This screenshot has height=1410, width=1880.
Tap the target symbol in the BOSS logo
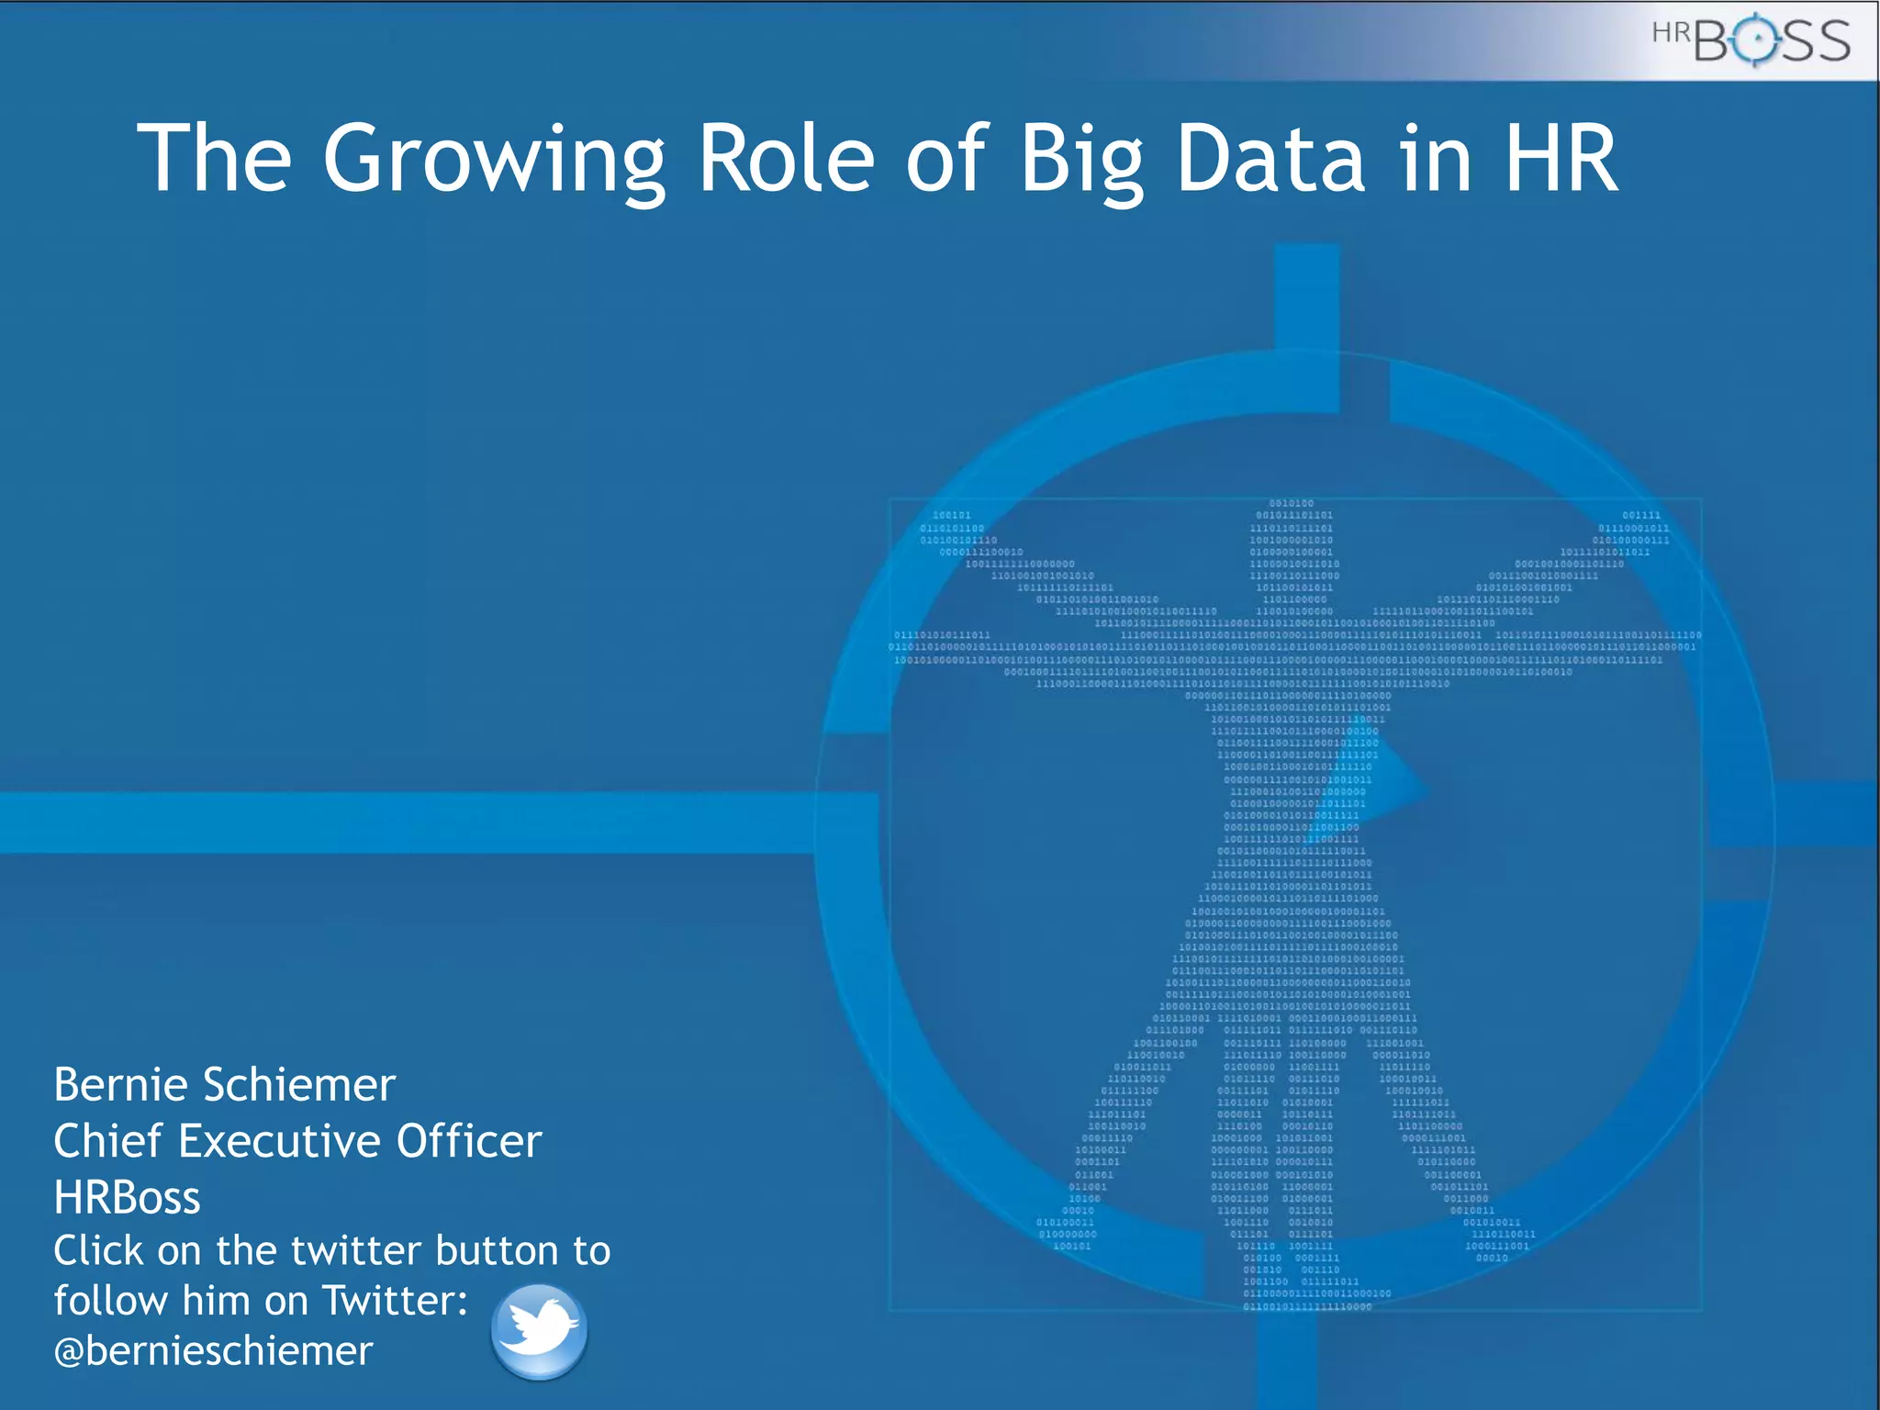pyautogui.click(x=1755, y=39)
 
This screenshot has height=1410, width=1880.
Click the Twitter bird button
pyautogui.click(x=539, y=1330)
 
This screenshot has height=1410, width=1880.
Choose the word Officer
pyautogui.click(x=469, y=1141)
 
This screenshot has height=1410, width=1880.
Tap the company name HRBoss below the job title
pyautogui.click(x=127, y=1197)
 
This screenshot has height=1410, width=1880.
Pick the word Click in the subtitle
pyautogui.click(x=98, y=1250)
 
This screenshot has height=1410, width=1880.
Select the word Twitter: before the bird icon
pyautogui.click(x=395, y=1301)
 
